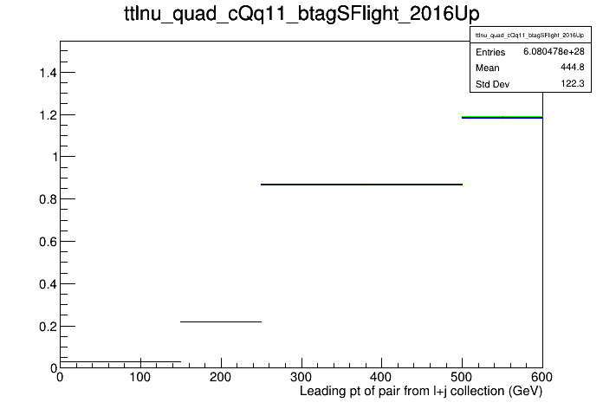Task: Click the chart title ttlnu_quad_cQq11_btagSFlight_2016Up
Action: (301, 15)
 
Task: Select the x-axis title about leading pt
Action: (421, 392)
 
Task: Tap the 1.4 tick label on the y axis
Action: (48, 72)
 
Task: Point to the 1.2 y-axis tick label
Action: (48, 114)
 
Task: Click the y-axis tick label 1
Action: (55, 157)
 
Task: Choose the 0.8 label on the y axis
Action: (48, 199)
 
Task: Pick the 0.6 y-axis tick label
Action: (48, 242)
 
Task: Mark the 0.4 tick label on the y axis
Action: (48, 284)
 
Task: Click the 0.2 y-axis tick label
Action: (48, 327)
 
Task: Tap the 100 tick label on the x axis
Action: (140, 377)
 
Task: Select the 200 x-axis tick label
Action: (221, 377)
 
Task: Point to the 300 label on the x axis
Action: (301, 377)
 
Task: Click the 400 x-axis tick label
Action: (381, 377)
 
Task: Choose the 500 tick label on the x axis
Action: (462, 377)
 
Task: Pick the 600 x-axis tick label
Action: (541, 377)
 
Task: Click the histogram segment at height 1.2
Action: (502, 117)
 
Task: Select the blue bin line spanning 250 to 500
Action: (361, 185)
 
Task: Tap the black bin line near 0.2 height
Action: (221, 321)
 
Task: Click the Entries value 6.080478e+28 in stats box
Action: (554, 51)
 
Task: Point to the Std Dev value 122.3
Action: (573, 83)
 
